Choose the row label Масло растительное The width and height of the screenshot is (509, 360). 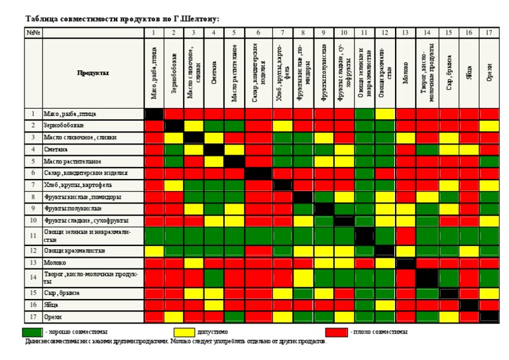[x=73, y=161]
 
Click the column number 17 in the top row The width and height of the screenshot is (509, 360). [x=488, y=32]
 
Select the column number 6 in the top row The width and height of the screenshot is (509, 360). [x=256, y=32]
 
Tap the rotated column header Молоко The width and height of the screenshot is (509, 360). [x=405, y=73]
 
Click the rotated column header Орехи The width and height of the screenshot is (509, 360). [x=488, y=73]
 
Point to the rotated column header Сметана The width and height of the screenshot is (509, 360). [x=214, y=73]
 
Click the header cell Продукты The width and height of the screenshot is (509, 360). [x=93, y=73]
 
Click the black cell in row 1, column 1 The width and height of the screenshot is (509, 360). [x=154, y=113]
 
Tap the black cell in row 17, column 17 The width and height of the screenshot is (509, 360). [x=488, y=316]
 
